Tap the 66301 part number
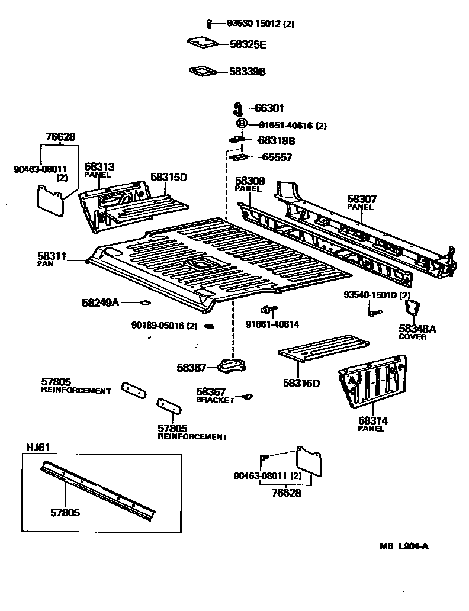pyautogui.click(x=269, y=108)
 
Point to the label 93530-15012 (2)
pyautogui.click(x=261, y=24)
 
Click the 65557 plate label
pyautogui.click(x=277, y=157)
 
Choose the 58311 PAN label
pyautogui.click(x=51, y=259)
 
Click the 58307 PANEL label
pyautogui.click(x=361, y=202)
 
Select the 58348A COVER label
pyautogui.click(x=417, y=332)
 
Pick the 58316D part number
pyautogui.click(x=301, y=383)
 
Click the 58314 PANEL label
pyautogui.click(x=372, y=424)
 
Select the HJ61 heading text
pyautogui.click(x=37, y=448)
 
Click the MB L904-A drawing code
pyautogui.click(x=404, y=546)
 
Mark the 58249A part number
pyautogui.click(x=100, y=303)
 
